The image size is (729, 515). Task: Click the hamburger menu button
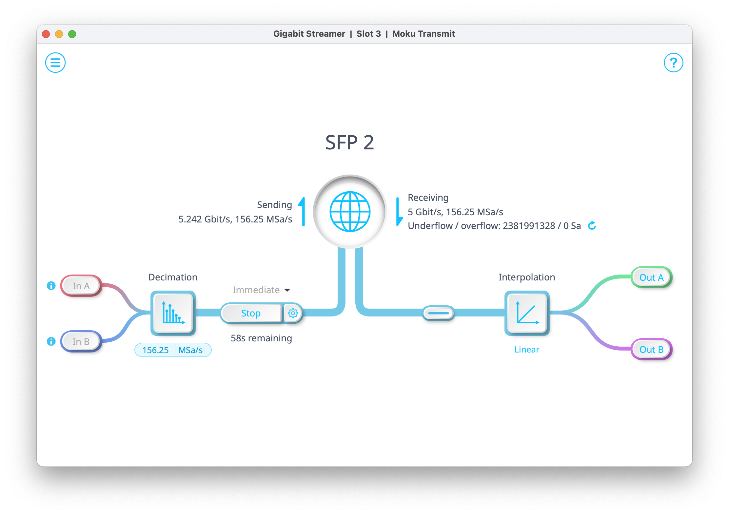click(x=55, y=63)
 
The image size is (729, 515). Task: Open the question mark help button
click(x=673, y=63)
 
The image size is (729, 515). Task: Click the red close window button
click(x=46, y=34)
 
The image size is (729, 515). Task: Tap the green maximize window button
click(x=72, y=34)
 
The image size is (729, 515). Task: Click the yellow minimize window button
click(x=59, y=34)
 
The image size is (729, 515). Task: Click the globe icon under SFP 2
click(x=350, y=212)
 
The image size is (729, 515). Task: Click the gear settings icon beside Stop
click(x=293, y=313)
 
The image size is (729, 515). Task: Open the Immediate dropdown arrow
click(x=287, y=290)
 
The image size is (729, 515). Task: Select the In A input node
click(x=81, y=286)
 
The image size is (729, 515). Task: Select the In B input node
click(x=81, y=342)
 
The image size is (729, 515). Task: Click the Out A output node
click(x=651, y=277)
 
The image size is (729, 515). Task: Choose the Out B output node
click(x=651, y=350)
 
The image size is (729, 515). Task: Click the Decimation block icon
click(x=173, y=313)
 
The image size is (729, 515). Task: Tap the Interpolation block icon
click(x=527, y=313)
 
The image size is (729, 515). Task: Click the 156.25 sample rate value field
click(x=155, y=350)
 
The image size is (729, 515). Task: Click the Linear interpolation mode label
click(x=527, y=350)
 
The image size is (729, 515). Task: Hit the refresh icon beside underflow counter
click(x=592, y=226)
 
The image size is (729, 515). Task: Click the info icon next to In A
click(x=51, y=286)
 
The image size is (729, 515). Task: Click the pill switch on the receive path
click(x=438, y=313)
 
